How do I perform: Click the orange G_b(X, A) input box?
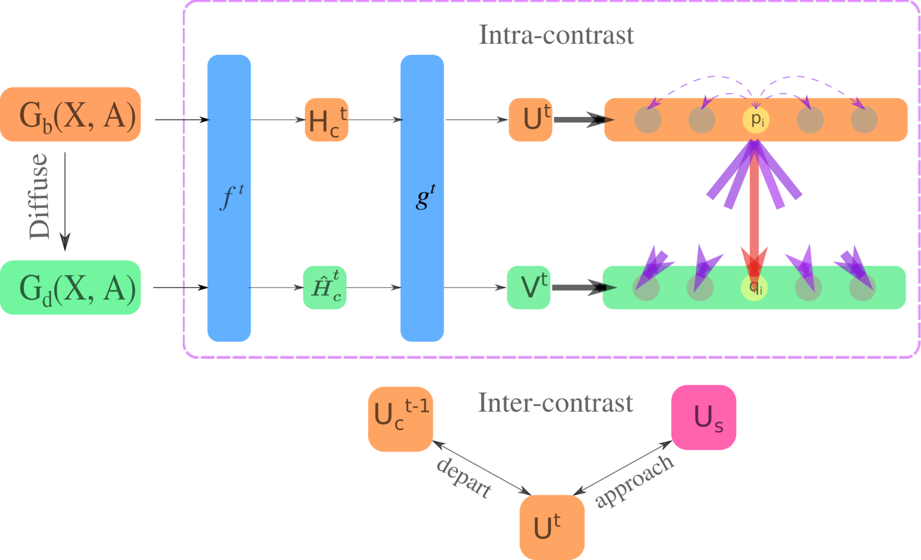pyautogui.click(x=71, y=114)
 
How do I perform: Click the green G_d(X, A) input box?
pyautogui.click(x=71, y=287)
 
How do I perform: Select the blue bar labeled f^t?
pyautogui.click(x=229, y=198)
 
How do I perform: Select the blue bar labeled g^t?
pyautogui.click(x=422, y=198)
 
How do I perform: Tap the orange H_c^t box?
pyautogui.click(x=326, y=120)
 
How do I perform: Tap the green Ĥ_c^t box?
pyautogui.click(x=325, y=287)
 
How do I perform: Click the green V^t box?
pyautogui.click(x=529, y=287)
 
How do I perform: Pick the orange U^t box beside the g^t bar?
pyautogui.click(x=531, y=120)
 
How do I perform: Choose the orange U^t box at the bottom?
pyautogui.click(x=552, y=527)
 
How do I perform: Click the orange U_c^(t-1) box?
pyautogui.click(x=400, y=419)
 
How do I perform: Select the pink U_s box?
pyautogui.click(x=704, y=417)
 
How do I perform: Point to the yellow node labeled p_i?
pyautogui.click(x=756, y=119)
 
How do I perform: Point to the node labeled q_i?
pyautogui.click(x=754, y=288)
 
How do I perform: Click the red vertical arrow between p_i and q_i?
pyautogui.click(x=754, y=209)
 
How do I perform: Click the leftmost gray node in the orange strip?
pyautogui.click(x=648, y=119)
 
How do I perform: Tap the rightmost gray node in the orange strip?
pyautogui.click(x=864, y=119)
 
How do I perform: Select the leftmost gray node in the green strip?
pyautogui.click(x=646, y=288)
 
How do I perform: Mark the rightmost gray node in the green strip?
pyautogui.click(x=862, y=288)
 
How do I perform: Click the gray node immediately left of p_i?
pyautogui.click(x=702, y=119)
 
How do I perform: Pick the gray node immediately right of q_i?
pyautogui.click(x=808, y=288)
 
